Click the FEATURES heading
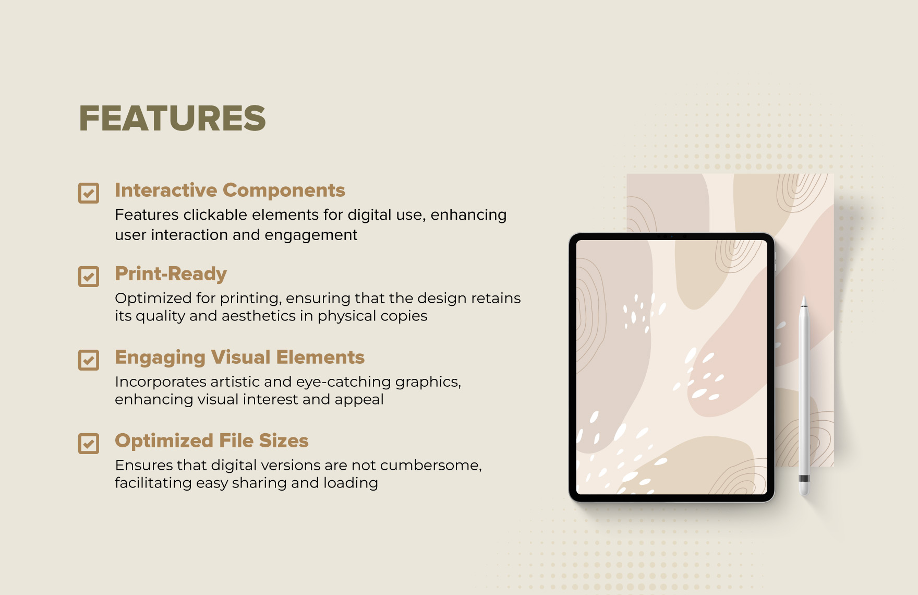[172, 118]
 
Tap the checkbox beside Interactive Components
[89, 193]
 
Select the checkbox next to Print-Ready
[89, 277]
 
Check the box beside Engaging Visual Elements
[89, 360]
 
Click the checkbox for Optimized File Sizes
[89, 444]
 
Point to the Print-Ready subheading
[171, 274]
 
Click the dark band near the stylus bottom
[804, 479]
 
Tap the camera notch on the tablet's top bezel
[672, 236]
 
